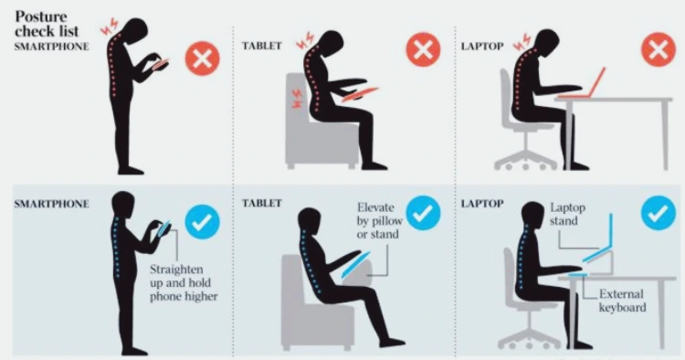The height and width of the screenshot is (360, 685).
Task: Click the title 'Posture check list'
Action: click(47, 24)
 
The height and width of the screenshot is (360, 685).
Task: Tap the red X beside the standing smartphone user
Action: click(202, 58)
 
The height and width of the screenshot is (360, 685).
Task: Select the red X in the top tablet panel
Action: click(423, 49)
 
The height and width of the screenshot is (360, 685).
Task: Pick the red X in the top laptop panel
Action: click(659, 49)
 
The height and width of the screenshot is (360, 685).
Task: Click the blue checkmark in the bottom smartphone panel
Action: click(202, 221)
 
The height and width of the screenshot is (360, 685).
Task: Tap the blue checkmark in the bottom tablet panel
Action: click(423, 213)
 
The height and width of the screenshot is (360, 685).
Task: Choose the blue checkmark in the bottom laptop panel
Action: click(659, 213)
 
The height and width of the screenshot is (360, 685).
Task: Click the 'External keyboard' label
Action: click(622, 301)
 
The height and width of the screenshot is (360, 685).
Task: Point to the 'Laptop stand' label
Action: click(567, 214)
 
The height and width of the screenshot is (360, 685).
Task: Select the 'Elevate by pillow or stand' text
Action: click(378, 220)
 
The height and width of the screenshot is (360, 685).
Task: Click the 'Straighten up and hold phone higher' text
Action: click(184, 282)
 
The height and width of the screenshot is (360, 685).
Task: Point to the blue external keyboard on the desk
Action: click(577, 274)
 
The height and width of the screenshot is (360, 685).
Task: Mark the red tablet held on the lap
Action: click(360, 94)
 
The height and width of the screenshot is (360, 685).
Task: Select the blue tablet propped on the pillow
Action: click(355, 264)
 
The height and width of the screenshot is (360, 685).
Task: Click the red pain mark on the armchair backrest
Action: click(296, 99)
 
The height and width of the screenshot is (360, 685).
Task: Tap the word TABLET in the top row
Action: click(262, 46)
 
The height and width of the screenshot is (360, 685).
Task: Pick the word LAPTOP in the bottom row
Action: click(482, 203)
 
